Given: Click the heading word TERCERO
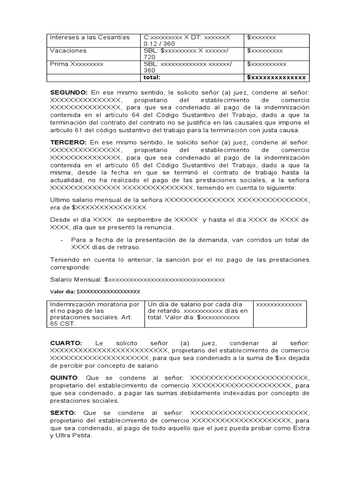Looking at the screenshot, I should [68, 142].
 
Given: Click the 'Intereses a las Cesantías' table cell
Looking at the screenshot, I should [90, 37].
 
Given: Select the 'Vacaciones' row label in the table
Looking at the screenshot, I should [68, 51].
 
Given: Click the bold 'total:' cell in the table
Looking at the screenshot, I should [152, 77].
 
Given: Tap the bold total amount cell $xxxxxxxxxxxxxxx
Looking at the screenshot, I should [277, 77].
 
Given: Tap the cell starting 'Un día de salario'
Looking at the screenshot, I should [198, 311].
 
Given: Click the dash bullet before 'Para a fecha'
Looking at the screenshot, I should [62, 240].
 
